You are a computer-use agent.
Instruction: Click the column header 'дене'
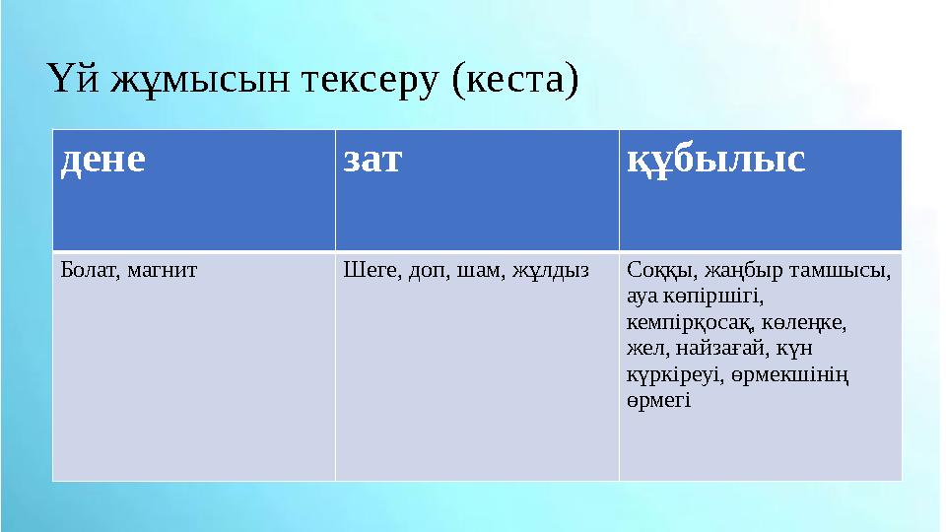click(102, 160)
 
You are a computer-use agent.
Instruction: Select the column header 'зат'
click(372, 160)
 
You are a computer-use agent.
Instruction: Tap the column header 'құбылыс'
click(716, 160)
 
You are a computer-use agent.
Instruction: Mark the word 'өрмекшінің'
click(799, 375)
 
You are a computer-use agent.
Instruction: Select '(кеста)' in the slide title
click(512, 79)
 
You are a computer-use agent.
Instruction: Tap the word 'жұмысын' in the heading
click(204, 79)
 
